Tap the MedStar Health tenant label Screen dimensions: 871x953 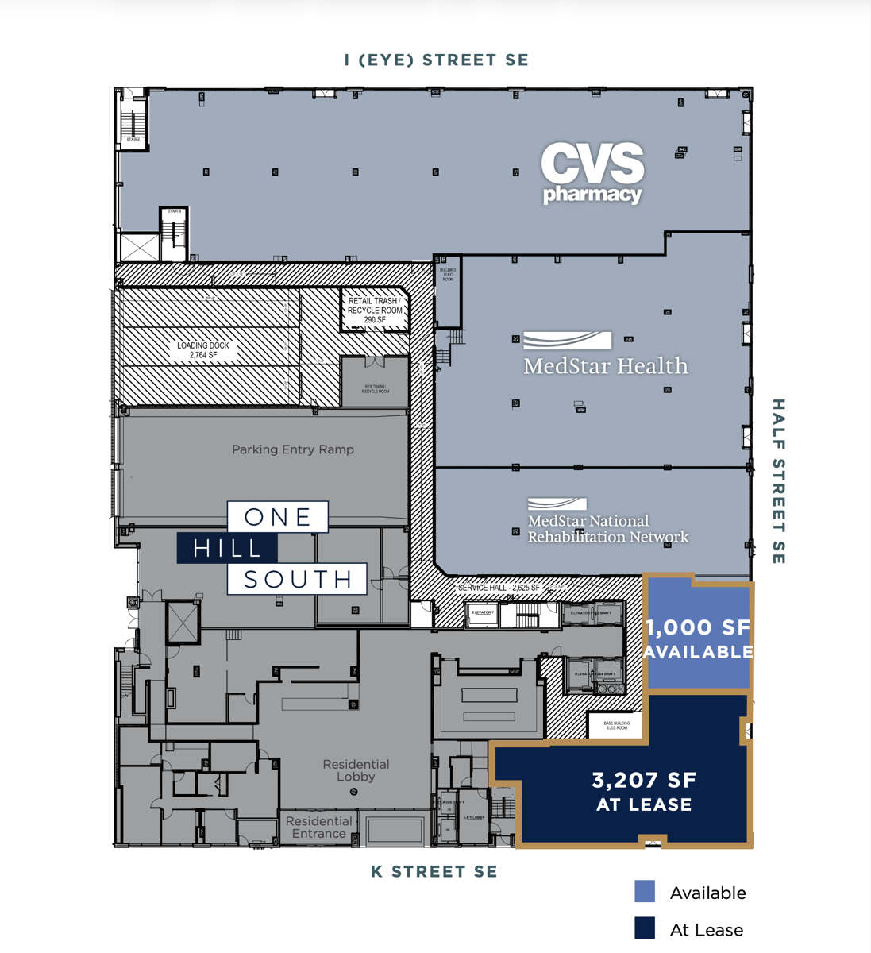click(605, 355)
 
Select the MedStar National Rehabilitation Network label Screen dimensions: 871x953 click(607, 522)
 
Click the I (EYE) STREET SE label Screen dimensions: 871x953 click(436, 60)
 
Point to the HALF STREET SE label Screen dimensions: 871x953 click(778, 481)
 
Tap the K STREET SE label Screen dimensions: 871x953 click(434, 871)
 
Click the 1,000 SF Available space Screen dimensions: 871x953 click(699, 639)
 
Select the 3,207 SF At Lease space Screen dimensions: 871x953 click(644, 791)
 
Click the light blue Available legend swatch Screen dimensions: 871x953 click(645, 891)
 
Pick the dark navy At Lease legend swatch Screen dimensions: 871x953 click(645, 928)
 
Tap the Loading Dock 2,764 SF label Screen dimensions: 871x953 click(202, 350)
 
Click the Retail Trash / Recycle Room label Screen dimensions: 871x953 click(375, 311)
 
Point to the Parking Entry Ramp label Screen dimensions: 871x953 click(293, 449)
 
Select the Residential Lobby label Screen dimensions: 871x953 click(356, 770)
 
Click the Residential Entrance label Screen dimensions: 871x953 click(318, 827)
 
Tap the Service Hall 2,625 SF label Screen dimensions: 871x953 click(499, 588)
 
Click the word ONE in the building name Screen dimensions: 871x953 click(278, 517)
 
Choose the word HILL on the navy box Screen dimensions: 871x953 click(228, 548)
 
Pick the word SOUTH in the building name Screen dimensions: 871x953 click(298, 579)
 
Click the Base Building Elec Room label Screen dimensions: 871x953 click(617, 725)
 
